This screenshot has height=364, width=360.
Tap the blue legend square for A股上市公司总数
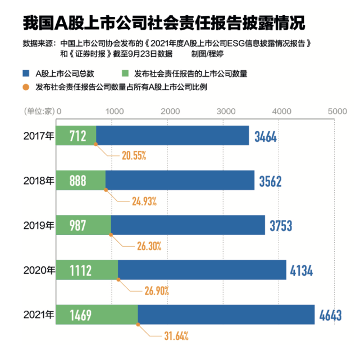25,73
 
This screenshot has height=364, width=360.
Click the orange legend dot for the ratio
26,87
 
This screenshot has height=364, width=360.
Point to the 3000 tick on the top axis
225,112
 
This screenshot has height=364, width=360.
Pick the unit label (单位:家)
38,112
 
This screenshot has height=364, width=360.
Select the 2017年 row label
39,136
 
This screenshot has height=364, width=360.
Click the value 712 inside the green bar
77,136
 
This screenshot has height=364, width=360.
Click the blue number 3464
266,136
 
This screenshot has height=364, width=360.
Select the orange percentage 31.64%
176,336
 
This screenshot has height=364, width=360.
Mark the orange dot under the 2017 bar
96,144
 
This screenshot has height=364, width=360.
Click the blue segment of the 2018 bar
180,181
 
